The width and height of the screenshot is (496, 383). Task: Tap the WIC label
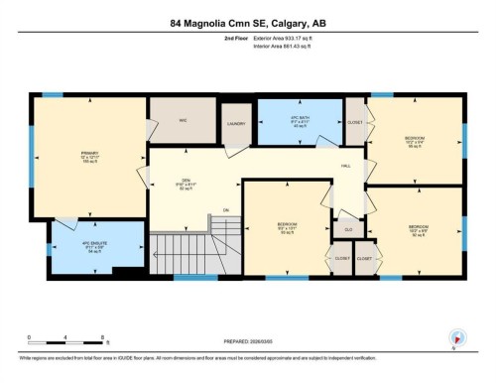click(x=183, y=120)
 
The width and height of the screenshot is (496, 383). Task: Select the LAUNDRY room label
click(x=235, y=124)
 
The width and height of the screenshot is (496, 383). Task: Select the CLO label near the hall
click(x=347, y=229)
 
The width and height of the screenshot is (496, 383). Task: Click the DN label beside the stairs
click(x=226, y=210)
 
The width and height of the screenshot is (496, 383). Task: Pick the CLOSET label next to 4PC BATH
click(x=355, y=122)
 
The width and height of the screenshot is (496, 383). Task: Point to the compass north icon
click(x=455, y=337)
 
